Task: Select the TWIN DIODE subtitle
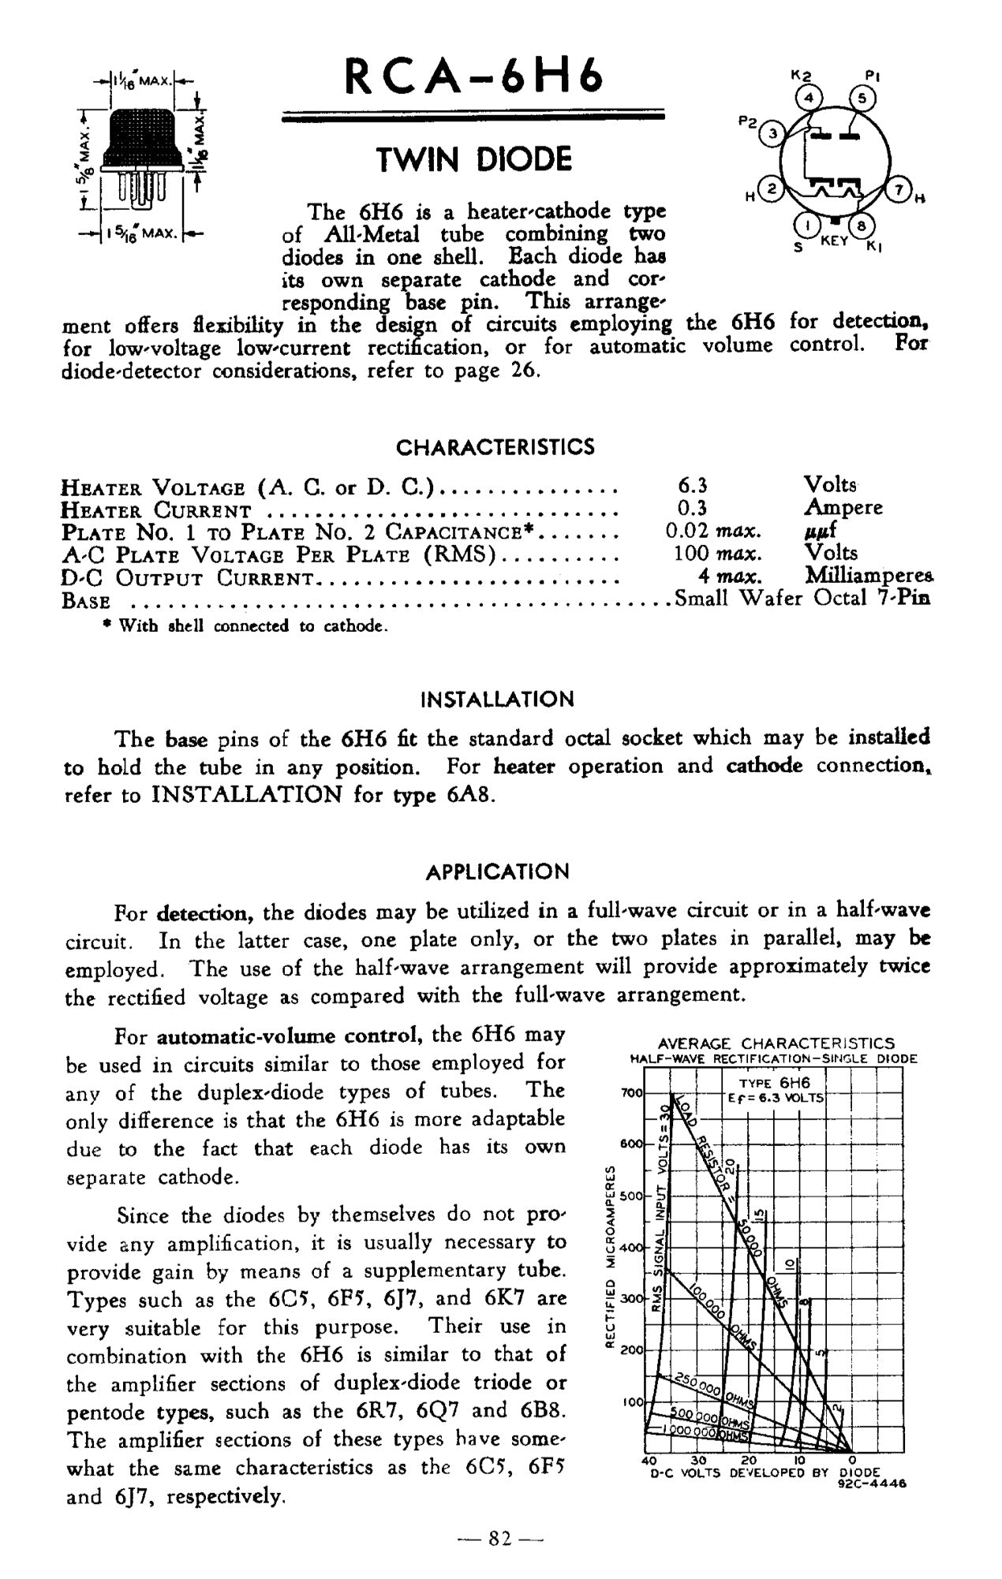473,160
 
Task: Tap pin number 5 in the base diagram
862,99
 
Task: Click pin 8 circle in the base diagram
862,226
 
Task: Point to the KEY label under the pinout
834,240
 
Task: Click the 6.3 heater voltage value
693,484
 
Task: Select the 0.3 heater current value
693,507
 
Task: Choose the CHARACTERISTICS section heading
495,448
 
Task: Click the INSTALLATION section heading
497,700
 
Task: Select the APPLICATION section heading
497,872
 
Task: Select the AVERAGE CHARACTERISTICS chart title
776,1043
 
